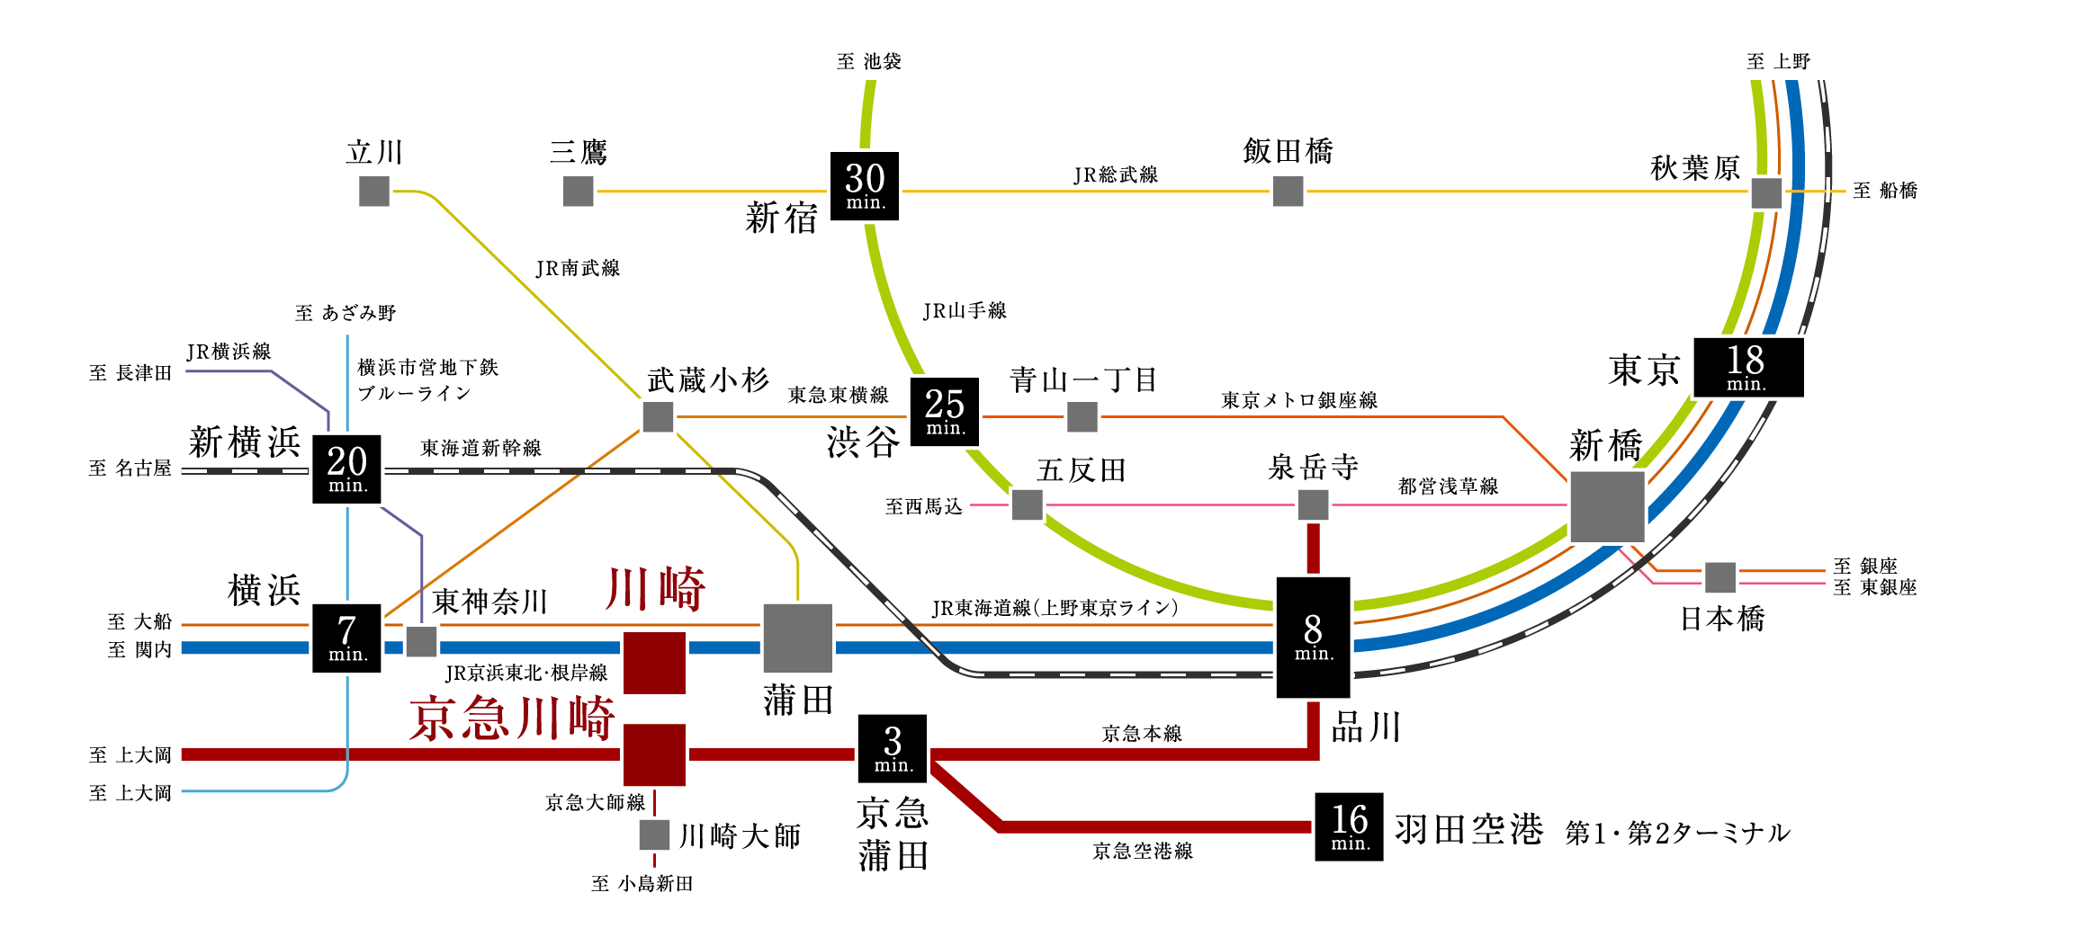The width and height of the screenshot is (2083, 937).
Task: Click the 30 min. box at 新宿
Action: pos(864,186)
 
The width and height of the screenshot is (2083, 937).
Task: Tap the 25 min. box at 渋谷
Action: pos(944,412)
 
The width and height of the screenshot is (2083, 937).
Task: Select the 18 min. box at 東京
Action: pos(1747,367)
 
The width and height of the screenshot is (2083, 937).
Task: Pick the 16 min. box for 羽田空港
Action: pos(1348,826)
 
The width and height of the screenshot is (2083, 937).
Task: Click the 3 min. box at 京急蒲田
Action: pos(892,749)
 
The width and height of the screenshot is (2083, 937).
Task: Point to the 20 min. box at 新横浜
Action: pos(346,468)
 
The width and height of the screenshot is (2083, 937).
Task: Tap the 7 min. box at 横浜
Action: pos(346,638)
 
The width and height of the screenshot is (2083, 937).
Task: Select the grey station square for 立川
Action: pos(374,191)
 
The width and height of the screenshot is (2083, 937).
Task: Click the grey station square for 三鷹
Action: pos(578,191)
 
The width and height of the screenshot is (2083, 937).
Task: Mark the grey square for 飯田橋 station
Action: pos(1288,191)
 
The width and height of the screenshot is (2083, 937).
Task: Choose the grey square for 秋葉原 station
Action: pos(1765,192)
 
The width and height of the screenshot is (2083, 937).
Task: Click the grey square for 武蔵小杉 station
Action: pos(658,416)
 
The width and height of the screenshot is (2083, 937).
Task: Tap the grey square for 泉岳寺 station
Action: pos(1313,504)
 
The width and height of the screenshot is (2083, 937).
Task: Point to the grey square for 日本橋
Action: pos(1719,577)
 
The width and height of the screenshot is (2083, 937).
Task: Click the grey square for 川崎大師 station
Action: pos(654,834)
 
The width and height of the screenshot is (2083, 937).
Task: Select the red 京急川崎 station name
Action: pos(512,718)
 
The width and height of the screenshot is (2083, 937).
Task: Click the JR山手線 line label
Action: pos(964,311)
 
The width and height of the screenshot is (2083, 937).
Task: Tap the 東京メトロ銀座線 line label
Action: pos(1298,400)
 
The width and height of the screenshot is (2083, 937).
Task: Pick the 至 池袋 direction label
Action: pos(868,61)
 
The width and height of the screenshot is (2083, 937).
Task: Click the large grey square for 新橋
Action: pos(1607,506)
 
